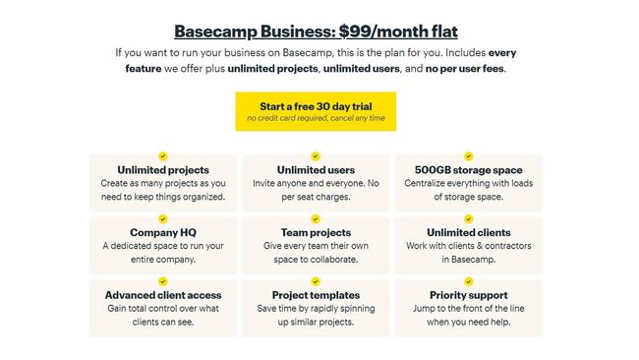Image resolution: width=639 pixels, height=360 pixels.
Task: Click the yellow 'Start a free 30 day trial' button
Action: [x=316, y=111]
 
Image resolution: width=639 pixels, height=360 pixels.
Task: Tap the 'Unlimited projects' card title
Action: [x=163, y=170]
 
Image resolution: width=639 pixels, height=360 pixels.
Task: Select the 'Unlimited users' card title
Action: [x=316, y=170]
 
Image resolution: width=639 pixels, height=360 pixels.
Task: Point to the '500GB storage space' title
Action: [x=468, y=170]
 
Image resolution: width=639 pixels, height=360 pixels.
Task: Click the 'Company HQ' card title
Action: [x=163, y=232]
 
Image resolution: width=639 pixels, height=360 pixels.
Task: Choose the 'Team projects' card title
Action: [x=316, y=232]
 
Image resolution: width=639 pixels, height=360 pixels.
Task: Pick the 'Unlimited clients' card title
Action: [x=468, y=232]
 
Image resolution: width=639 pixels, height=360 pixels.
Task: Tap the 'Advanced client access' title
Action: [x=163, y=294]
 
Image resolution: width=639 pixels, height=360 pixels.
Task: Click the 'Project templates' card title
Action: [x=316, y=294]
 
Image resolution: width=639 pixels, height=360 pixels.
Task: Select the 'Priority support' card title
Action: [x=468, y=294]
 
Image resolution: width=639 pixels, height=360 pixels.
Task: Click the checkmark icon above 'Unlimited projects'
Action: [x=163, y=155]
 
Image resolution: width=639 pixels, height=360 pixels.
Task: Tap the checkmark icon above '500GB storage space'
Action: [x=468, y=155]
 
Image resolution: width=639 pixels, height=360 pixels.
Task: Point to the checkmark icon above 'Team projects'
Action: [x=316, y=217]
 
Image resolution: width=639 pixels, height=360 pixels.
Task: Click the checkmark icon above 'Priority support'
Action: [x=468, y=279]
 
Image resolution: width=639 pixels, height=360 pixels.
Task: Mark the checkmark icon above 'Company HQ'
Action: [x=163, y=217]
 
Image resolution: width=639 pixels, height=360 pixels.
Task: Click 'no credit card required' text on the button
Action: [x=285, y=118]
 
